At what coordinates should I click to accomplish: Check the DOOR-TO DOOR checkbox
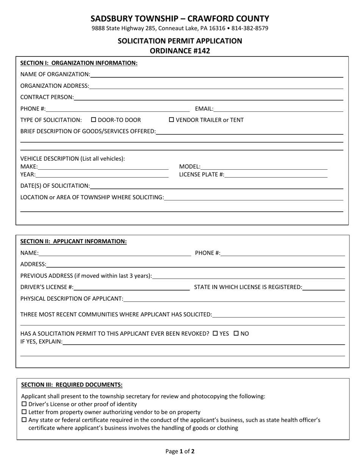[94, 120]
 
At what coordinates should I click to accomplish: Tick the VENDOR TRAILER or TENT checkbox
[171, 120]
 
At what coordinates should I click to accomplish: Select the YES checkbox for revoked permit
[215, 334]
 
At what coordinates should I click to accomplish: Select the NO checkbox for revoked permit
[236, 334]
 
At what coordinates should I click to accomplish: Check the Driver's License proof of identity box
[24, 404]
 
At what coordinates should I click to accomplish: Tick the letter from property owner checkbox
[24, 412]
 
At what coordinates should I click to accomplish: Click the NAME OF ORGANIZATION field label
[55, 74]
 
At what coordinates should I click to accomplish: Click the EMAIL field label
[204, 109]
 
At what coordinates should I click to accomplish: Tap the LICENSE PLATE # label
[201, 175]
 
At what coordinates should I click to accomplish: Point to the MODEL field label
[189, 167]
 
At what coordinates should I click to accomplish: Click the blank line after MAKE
[103, 167]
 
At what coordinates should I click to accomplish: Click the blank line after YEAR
[102, 175]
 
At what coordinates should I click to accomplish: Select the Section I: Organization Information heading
[79, 63]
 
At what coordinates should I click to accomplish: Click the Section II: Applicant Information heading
[74, 241]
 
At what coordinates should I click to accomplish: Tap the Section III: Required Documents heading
[72, 385]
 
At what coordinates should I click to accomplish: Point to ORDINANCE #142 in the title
[180, 51]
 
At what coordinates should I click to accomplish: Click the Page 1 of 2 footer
[180, 451]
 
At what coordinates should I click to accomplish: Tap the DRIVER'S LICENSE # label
[47, 287]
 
